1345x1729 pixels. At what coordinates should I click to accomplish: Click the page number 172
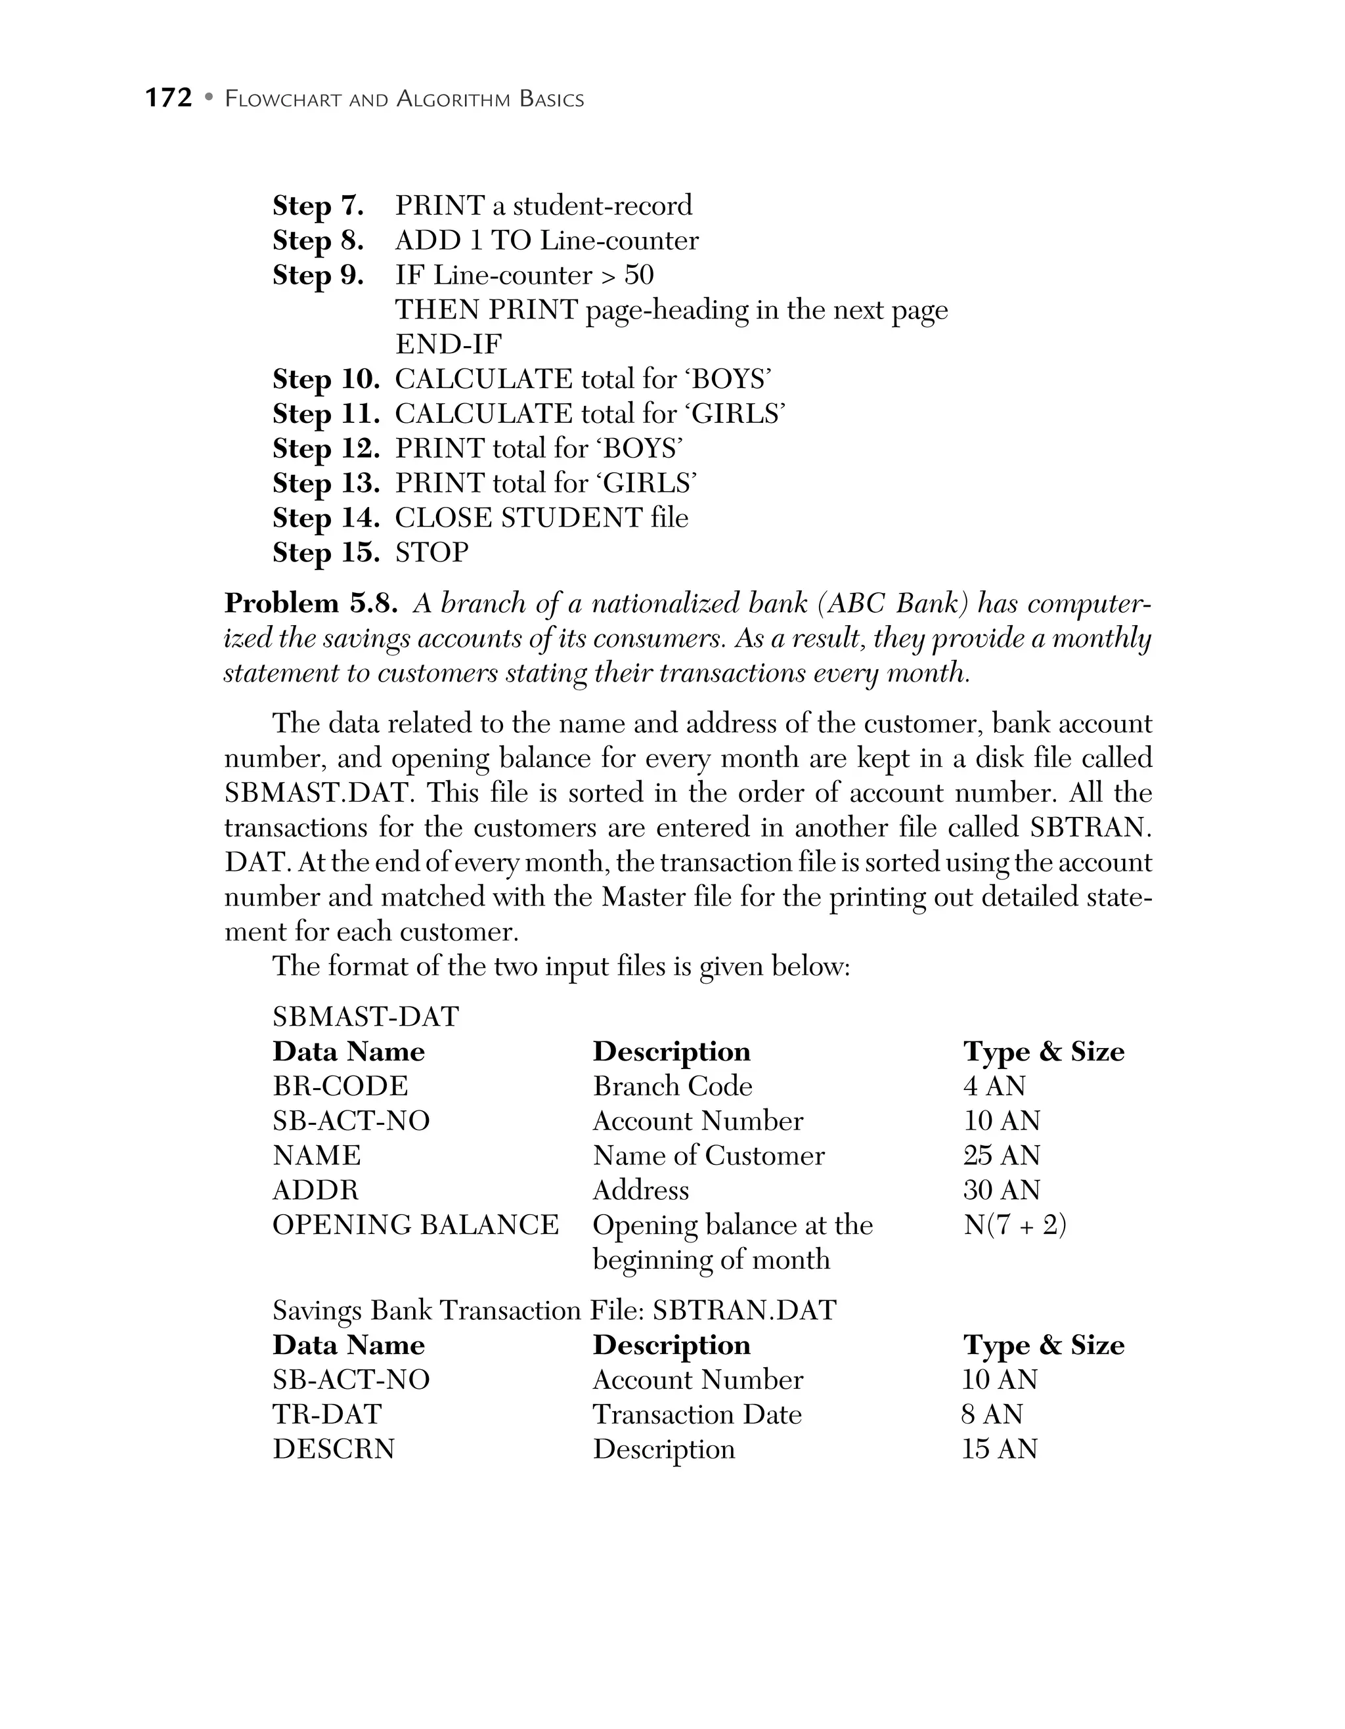[169, 98]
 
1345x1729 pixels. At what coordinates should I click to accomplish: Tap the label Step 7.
[317, 206]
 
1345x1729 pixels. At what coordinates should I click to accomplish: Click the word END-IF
[448, 344]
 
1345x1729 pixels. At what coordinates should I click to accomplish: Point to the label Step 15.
[325, 552]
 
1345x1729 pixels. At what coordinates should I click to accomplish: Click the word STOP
[431, 552]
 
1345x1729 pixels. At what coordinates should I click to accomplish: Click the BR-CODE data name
[340, 1086]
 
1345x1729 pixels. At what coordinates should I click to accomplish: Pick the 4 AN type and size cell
[994, 1086]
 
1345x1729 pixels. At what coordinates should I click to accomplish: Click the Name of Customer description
[708, 1156]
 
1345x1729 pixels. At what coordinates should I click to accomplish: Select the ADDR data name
[315, 1191]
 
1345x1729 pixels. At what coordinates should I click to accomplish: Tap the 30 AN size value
[1002, 1191]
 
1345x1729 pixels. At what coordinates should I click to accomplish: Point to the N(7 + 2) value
[1015, 1225]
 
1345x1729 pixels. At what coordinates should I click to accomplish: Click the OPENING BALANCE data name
[415, 1225]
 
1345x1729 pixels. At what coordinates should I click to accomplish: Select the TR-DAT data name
[327, 1414]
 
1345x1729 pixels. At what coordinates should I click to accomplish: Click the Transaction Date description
[697, 1414]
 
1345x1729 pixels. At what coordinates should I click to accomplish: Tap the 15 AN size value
[999, 1449]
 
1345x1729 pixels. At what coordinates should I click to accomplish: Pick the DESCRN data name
[333, 1449]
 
